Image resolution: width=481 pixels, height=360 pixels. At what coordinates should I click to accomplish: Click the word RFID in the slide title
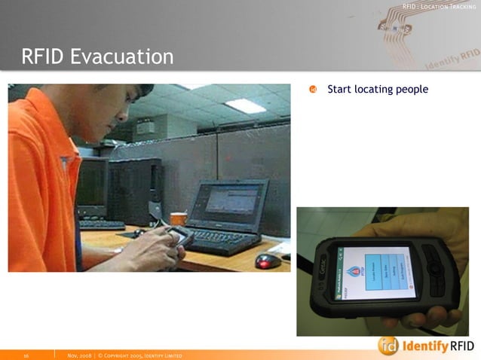pos(45,56)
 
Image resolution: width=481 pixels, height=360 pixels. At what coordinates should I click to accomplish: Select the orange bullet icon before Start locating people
pos(315,90)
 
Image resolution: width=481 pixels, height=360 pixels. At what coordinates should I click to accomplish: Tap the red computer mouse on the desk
pos(267,261)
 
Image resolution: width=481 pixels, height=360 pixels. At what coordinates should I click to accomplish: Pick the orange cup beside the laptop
pos(178,219)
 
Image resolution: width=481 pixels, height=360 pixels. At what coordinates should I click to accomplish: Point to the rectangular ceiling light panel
pos(245,105)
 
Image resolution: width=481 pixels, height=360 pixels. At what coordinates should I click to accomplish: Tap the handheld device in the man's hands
pos(178,236)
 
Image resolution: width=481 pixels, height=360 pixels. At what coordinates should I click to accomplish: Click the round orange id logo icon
pos(388,346)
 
